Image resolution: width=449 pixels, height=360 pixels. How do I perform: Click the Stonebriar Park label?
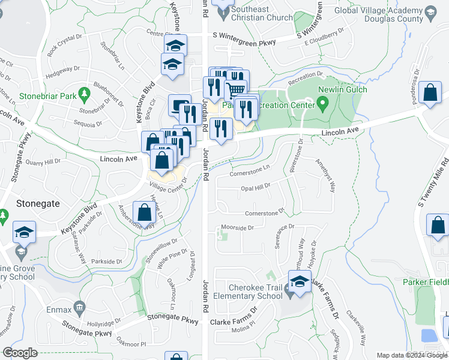click(x=41, y=95)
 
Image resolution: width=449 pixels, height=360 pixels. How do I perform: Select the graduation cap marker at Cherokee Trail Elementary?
click(x=300, y=281)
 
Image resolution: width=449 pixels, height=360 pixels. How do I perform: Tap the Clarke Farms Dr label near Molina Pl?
click(x=234, y=322)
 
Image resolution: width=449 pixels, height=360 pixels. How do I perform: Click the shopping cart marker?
click(x=236, y=90)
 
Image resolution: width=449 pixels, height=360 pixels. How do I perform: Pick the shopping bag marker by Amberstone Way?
click(x=144, y=212)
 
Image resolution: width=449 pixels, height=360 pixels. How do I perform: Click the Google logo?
click(x=20, y=353)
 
